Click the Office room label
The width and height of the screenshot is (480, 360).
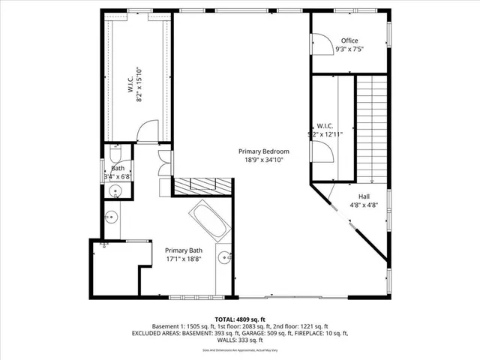coord(349,40)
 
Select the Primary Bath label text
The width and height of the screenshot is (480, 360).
coord(184,250)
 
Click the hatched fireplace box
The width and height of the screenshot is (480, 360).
coord(202,185)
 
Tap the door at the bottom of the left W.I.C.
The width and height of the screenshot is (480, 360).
coord(148,132)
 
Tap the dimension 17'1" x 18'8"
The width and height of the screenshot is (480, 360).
coord(184,259)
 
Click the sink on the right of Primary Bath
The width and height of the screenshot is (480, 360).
coord(224,259)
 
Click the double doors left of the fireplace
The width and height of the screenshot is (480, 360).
coord(164,163)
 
